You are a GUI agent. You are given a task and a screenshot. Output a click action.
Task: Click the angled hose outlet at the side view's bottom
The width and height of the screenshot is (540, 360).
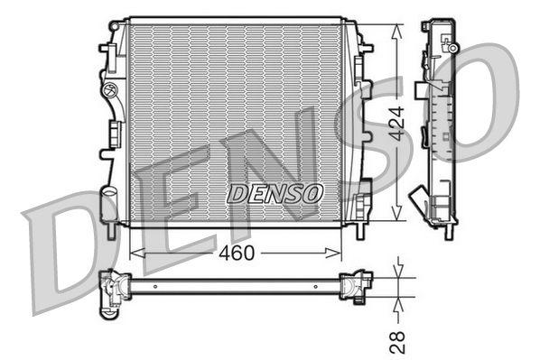[x=419, y=199]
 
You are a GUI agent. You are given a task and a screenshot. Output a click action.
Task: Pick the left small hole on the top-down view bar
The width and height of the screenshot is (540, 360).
[x=154, y=286]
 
